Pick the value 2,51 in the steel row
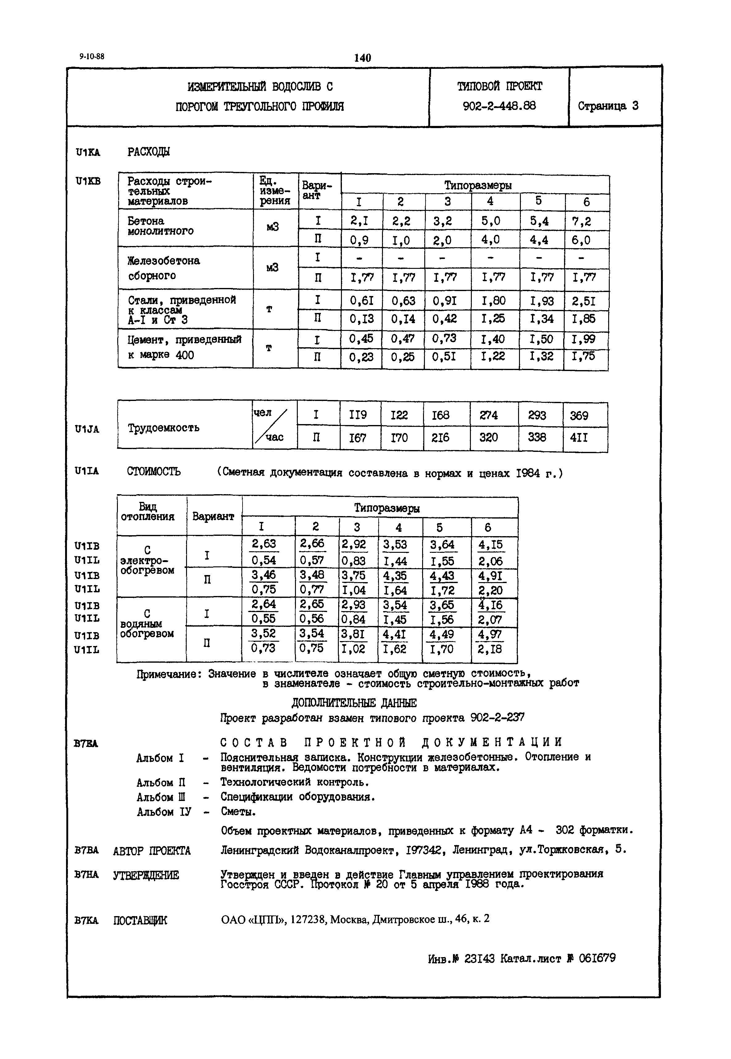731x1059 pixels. click(584, 301)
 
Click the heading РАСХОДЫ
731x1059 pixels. click(148, 152)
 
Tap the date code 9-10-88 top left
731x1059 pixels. click(92, 56)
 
